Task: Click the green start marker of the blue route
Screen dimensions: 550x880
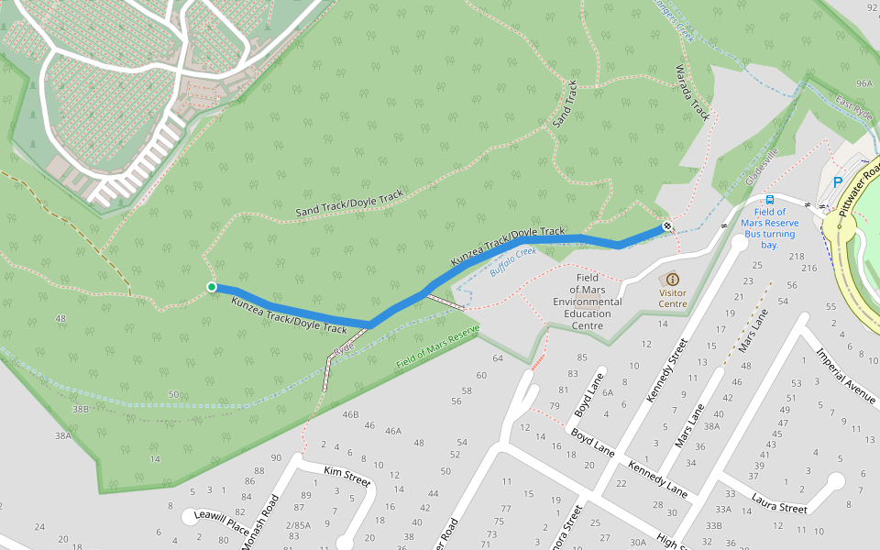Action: click(x=212, y=287)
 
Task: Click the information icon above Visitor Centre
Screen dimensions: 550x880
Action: click(x=673, y=279)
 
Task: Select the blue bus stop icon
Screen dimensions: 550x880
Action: click(x=770, y=199)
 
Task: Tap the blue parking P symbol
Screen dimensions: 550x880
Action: click(x=837, y=182)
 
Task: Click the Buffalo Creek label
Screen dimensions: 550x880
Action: click(x=511, y=263)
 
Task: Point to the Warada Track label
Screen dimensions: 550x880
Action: click(x=692, y=92)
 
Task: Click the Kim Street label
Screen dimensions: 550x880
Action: click(x=346, y=475)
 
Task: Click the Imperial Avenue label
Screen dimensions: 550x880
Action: click(x=847, y=374)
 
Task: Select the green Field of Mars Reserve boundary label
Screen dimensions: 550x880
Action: click(x=438, y=348)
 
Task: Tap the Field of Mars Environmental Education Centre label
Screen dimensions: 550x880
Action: click(x=587, y=302)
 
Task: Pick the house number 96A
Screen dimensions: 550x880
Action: click(x=863, y=83)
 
